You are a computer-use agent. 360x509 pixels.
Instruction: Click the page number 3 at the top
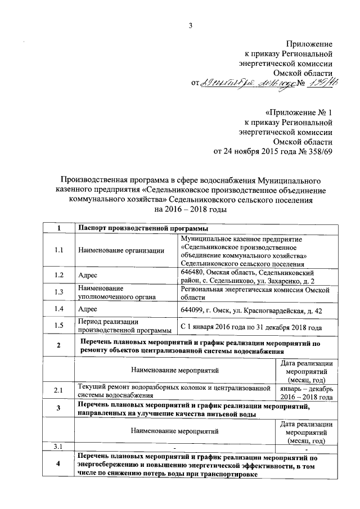(x=190, y=24)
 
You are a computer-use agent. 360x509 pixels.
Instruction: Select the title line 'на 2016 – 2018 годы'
(x=190, y=210)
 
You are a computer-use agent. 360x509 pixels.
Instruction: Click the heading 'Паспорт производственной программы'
(x=143, y=228)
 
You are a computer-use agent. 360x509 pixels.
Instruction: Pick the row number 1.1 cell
(x=58, y=250)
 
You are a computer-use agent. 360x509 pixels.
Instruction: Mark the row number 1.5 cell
(x=58, y=326)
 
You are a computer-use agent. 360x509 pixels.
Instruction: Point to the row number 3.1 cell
(x=58, y=447)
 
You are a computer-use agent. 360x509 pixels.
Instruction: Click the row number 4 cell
(x=58, y=465)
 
